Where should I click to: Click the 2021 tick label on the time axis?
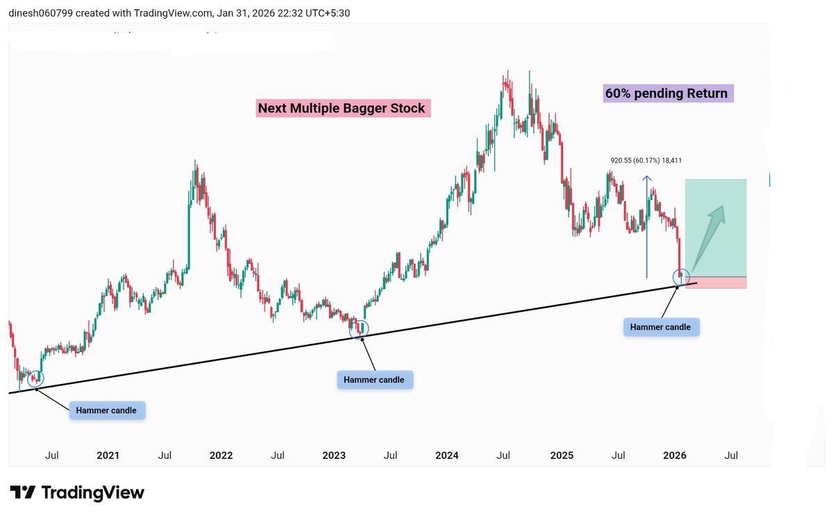click(x=108, y=456)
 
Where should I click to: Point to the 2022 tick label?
click(x=221, y=456)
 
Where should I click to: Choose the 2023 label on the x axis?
click(x=334, y=456)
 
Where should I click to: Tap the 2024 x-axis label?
click(x=447, y=456)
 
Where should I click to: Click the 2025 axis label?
click(x=561, y=456)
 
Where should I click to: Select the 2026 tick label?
click(x=674, y=456)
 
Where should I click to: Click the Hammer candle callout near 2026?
click(x=661, y=326)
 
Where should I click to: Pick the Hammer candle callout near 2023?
click(x=374, y=380)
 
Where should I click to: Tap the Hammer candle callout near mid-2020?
click(x=107, y=410)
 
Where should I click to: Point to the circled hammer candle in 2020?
click(x=35, y=378)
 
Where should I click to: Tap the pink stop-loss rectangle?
click(x=716, y=283)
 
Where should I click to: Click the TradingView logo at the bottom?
click(x=77, y=493)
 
